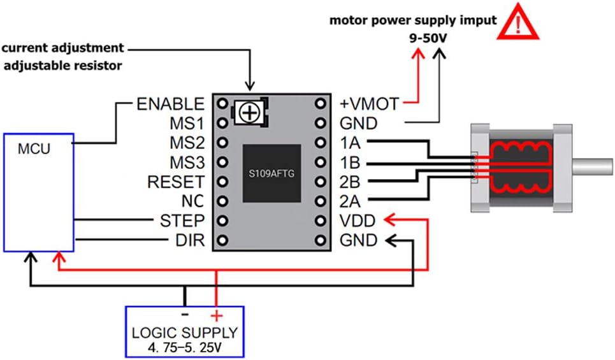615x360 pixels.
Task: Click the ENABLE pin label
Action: coord(170,104)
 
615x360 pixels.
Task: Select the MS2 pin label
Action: coord(187,143)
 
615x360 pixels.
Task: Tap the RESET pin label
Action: coord(176,182)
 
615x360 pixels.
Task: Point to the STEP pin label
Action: coord(182,221)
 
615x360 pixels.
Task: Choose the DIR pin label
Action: coord(190,240)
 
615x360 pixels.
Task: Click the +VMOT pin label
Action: coord(369,104)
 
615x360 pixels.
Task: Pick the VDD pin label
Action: coord(358,221)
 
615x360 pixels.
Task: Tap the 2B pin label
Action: coord(350,182)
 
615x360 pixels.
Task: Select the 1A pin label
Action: coord(350,143)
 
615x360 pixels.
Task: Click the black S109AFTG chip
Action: coord(271,173)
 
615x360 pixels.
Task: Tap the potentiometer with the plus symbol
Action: coord(250,113)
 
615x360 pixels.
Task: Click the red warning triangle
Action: coord(518,22)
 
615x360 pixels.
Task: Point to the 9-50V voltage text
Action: coord(428,38)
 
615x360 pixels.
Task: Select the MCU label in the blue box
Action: coord(34,149)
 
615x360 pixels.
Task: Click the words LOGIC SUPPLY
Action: coord(185,333)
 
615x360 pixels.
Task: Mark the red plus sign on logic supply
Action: coord(217,315)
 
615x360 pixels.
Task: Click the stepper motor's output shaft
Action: coord(592,166)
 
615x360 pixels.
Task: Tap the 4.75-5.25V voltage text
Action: coord(185,347)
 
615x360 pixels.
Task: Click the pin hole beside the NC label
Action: coord(222,201)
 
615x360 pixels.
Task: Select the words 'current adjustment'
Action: coord(62,48)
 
